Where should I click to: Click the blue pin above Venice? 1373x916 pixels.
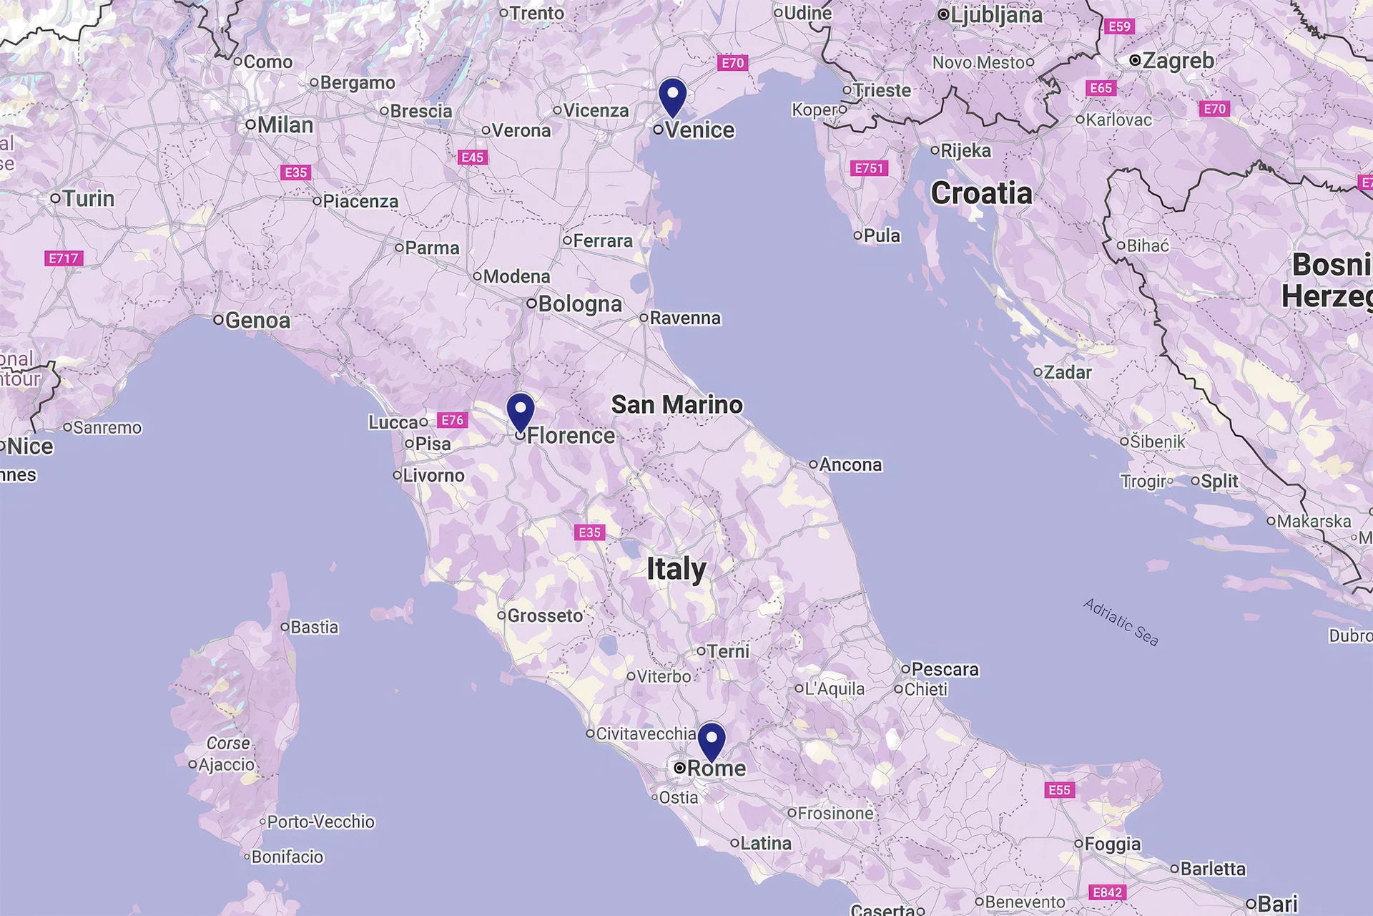click(672, 96)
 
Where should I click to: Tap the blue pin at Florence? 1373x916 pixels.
click(520, 411)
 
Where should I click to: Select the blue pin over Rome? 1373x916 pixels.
click(712, 741)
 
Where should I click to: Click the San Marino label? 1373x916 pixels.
click(676, 405)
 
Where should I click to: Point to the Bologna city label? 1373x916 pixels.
click(579, 304)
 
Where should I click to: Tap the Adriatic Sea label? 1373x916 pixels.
click(1121, 622)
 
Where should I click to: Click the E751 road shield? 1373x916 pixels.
click(870, 168)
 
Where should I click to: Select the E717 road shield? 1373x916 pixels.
click(64, 258)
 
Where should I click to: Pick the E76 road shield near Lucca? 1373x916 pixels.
click(453, 420)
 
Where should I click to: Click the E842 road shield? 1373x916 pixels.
click(1107, 892)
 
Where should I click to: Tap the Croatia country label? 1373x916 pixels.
click(981, 193)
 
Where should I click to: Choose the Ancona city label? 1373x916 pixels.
click(850, 465)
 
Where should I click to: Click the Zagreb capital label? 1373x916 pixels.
click(1177, 61)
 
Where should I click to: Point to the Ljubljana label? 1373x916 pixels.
click(995, 15)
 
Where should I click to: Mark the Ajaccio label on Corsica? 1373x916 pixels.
click(226, 765)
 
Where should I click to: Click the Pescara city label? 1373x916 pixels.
click(944, 669)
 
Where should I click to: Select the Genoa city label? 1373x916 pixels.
click(257, 321)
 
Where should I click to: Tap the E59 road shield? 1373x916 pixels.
click(1119, 26)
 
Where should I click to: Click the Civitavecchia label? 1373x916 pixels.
click(645, 734)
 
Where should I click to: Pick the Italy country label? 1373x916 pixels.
click(676, 570)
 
